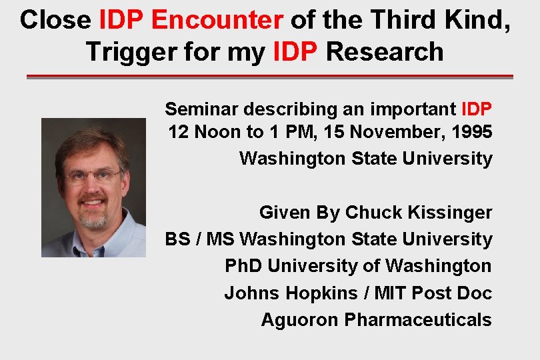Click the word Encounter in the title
point(217,20)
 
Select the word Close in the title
point(55,20)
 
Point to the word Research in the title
point(385,51)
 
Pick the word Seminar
point(203,109)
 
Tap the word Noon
point(217,132)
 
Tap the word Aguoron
point(300,319)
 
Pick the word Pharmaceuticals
point(418,319)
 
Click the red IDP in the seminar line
point(476,109)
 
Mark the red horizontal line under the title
point(269,77)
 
